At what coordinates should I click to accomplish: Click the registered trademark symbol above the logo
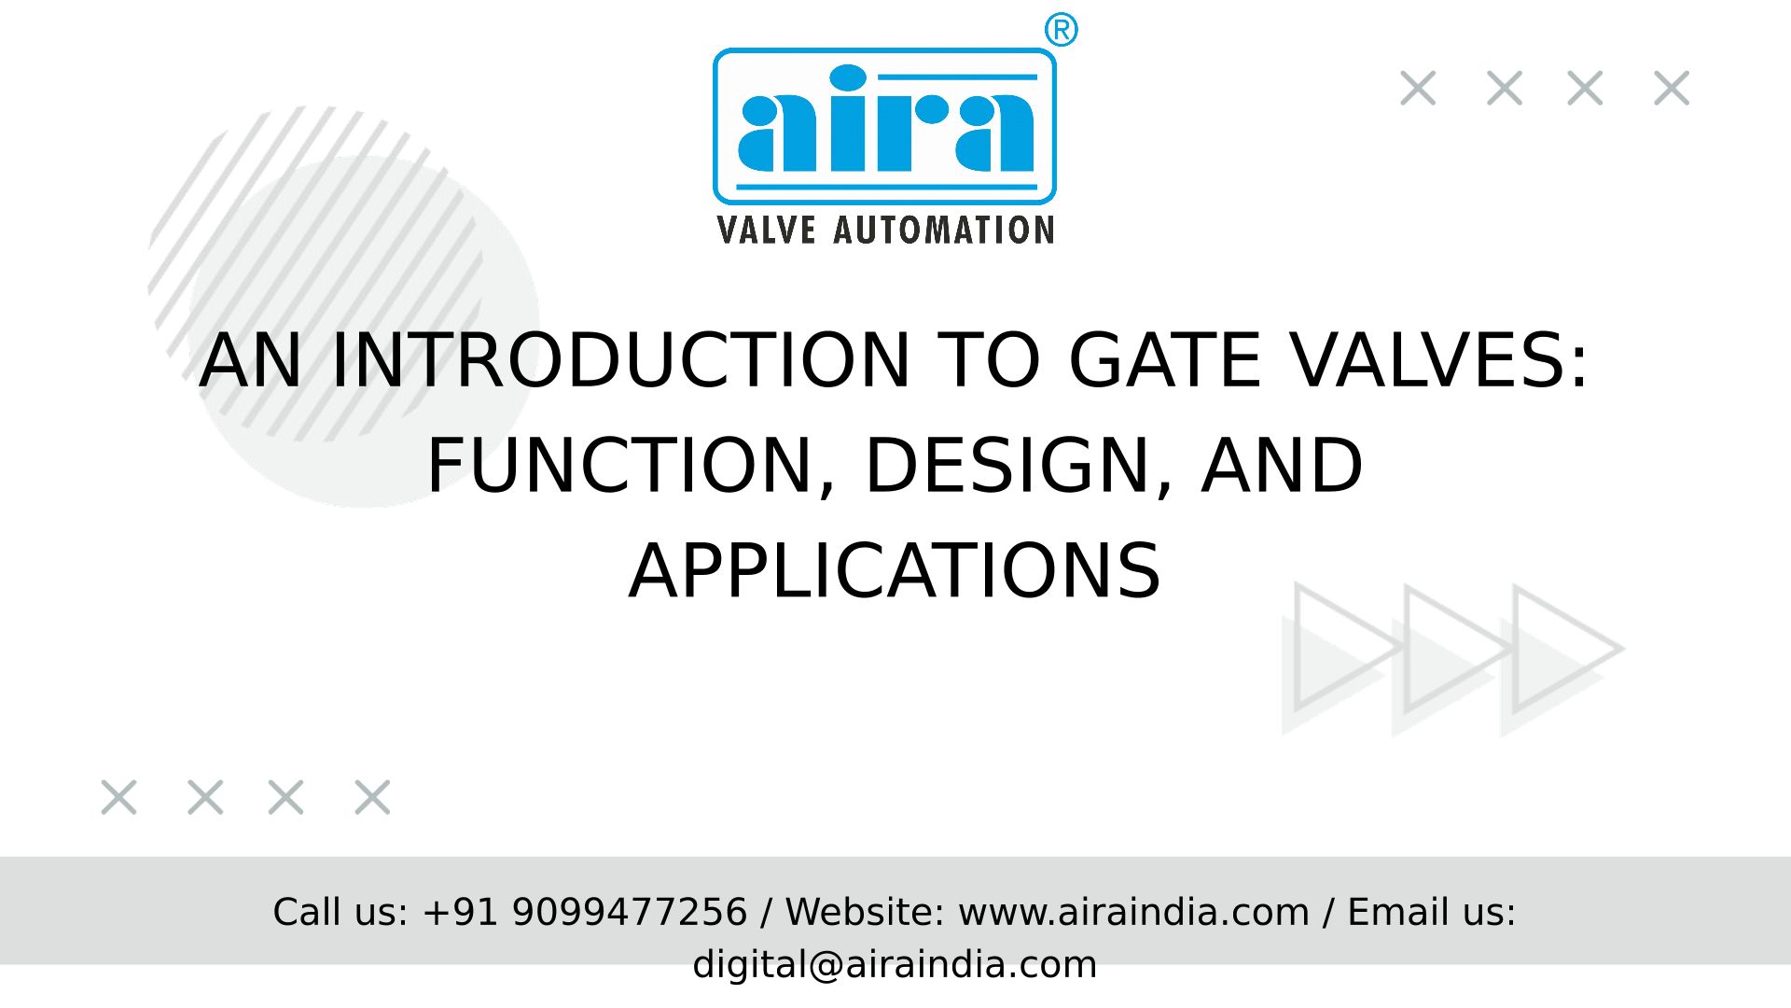pyautogui.click(x=1061, y=30)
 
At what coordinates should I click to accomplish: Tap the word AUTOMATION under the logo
pyautogui.click(x=944, y=230)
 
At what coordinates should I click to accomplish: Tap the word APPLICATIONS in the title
pyautogui.click(x=895, y=571)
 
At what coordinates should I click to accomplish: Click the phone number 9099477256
pyautogui.click(x=630, y=912)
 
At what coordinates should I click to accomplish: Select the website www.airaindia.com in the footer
pyautogui.click(x=1133, y=912)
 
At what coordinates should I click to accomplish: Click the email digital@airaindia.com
pyautogui.click(x=895, y=964)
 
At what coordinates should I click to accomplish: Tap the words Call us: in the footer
pyautogui.click(x=340, y=912)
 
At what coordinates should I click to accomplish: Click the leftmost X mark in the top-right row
pyautogui.click(x=1418, y=89)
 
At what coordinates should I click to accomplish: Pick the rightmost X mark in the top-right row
pyautogui.click(x=1671, y=89)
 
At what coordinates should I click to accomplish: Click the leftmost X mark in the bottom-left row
pyautogui.click(x=118, y=798)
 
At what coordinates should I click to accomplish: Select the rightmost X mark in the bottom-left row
pyautogui.click(x=372, y=798)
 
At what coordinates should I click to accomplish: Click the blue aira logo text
pyautogui.click(x=885, y=119)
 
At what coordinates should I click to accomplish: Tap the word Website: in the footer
pyautogui.click(x=865, y=912)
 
